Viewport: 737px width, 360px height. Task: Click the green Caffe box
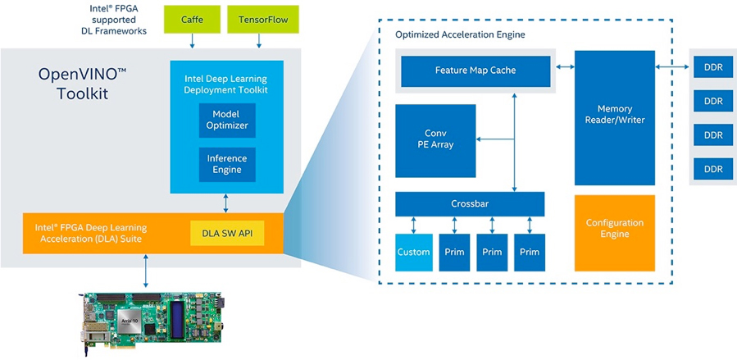(192, 18)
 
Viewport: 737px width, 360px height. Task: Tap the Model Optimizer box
(225, 121)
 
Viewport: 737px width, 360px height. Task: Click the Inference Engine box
(225, 164)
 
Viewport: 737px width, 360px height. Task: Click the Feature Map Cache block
(475, 71)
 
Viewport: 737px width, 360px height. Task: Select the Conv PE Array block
(434, 139)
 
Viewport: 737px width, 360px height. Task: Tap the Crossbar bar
(469, 203)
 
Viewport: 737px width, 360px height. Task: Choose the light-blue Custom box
(413, 252)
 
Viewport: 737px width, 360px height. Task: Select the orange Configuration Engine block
(614, 232)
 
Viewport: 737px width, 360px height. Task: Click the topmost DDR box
(712, 67)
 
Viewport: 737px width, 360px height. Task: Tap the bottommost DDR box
(712, 169)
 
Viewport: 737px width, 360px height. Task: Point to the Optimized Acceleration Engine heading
(460, 35)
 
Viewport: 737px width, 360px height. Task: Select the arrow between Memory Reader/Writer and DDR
(672, 66)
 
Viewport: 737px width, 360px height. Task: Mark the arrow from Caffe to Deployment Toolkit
(192, 41)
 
